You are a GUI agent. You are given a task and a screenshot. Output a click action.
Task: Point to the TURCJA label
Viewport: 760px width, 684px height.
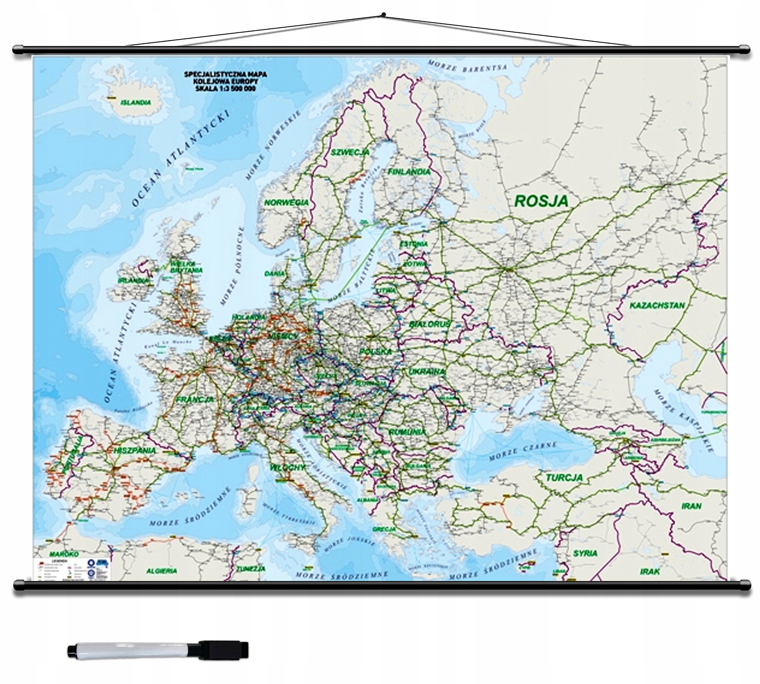tap(564, 478)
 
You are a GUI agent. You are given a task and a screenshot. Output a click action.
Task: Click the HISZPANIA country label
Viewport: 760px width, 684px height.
tap(135, 450)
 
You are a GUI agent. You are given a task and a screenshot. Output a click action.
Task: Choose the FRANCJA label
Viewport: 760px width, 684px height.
tap(195, 399)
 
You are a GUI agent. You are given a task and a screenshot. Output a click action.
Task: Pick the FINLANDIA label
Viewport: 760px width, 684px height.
tap(409, 172)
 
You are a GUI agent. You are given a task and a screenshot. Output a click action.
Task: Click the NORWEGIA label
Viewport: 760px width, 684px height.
tap(287, 202)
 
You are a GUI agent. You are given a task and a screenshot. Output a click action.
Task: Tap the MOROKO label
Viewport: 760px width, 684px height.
tap(64, 554)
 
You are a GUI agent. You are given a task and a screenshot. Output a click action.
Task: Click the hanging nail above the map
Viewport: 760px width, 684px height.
tap(383, 15)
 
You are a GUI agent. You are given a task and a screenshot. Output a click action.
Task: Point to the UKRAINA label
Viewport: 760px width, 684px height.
tap(427, 372)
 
